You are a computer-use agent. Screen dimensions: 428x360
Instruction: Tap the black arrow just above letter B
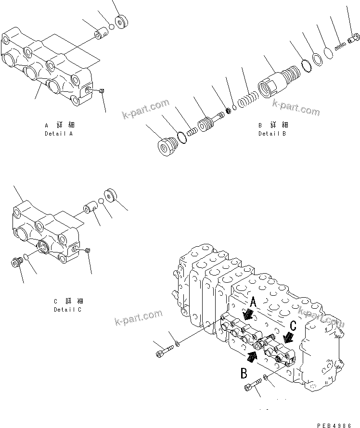[252, 356]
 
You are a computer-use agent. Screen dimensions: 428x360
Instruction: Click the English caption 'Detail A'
[58, 134]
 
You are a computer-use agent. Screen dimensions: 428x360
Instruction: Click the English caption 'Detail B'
[271, 134]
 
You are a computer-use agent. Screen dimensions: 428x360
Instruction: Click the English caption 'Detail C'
[67, 310]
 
